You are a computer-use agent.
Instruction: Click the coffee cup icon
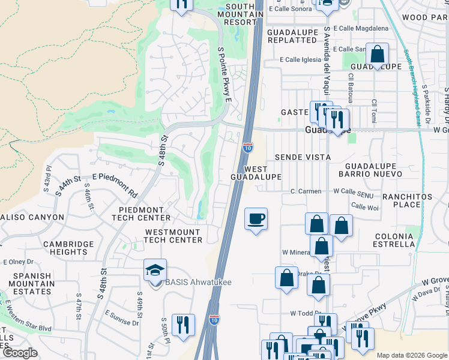(256, 218)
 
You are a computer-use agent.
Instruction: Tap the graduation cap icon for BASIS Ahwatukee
(155, 270)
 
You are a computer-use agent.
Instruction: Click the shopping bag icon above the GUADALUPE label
(377, 55)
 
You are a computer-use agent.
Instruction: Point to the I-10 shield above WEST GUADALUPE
(247, 147)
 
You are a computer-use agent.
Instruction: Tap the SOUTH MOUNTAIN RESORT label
(240, 14)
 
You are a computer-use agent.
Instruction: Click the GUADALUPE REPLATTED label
(292, 36)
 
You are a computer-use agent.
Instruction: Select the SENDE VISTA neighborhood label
(303, 157)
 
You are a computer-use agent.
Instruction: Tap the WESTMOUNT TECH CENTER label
(173, 236)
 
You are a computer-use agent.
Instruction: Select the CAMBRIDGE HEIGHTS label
(68, 248)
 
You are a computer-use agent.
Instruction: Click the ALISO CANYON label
(32, 217)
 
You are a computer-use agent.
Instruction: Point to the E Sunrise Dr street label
(122, 318)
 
